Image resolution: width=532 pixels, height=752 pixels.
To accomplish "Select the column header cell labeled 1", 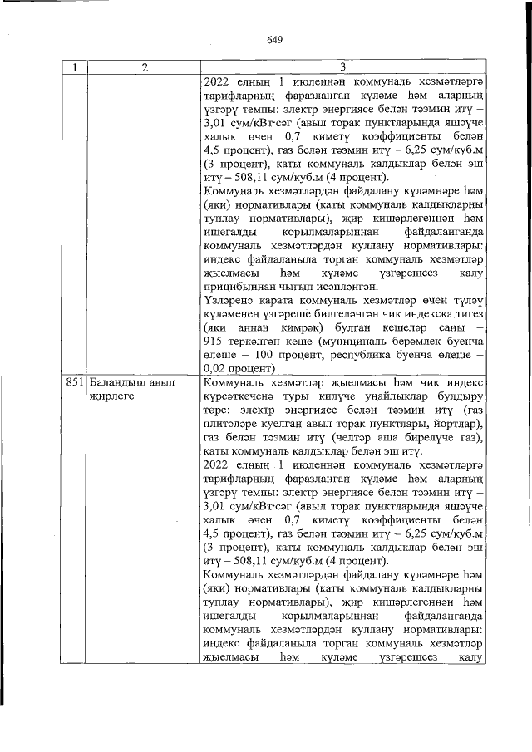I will point(76,68).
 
